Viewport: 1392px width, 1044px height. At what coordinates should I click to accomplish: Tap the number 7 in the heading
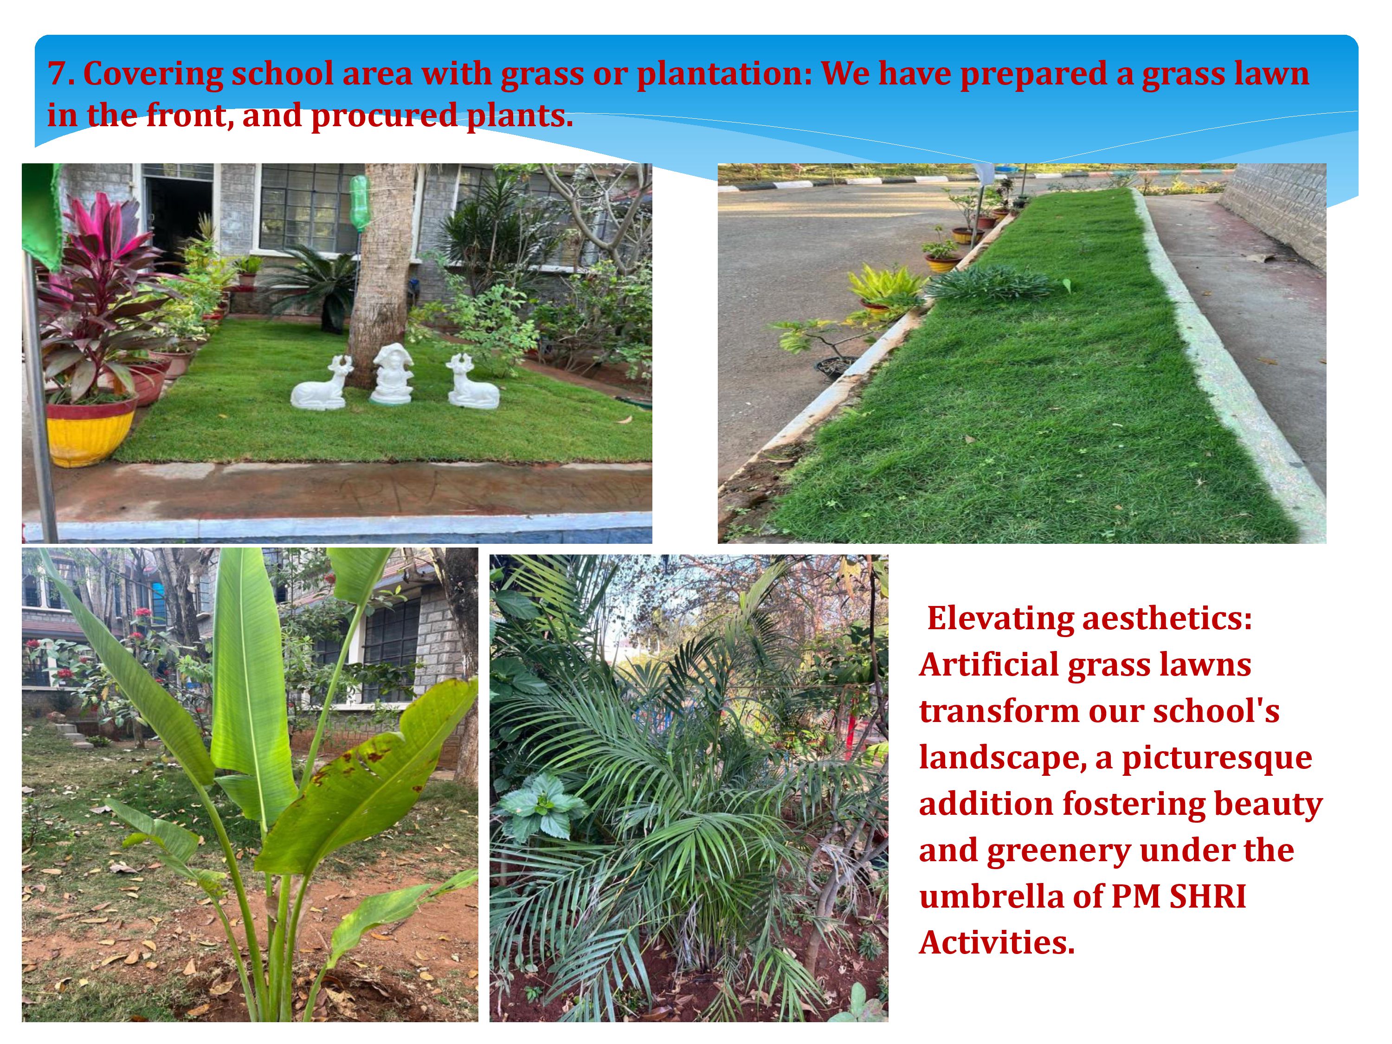(x=58, y=74)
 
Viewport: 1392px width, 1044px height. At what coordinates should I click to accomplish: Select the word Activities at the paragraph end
(x=997, y=943)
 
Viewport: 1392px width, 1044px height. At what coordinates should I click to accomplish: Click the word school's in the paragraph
(x=1217, y=711)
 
